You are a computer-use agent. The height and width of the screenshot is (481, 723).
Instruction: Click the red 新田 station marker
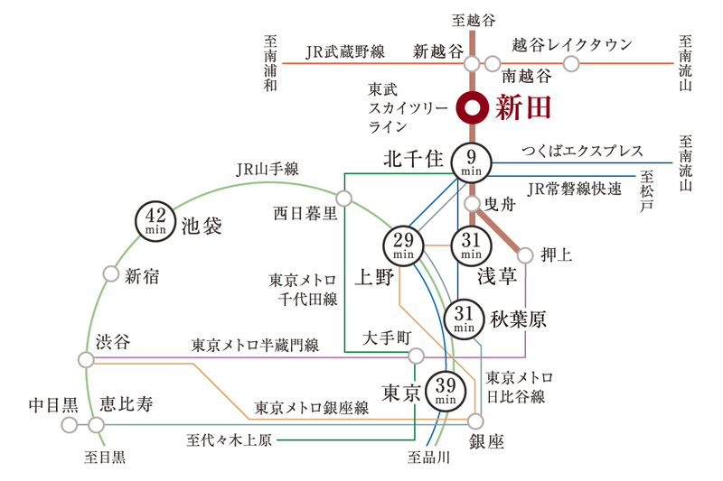472,108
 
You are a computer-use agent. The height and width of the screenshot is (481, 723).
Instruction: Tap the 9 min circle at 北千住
471,162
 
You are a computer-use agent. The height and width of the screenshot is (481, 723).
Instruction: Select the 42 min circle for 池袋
155,221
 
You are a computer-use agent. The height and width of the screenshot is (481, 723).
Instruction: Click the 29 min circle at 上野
403,245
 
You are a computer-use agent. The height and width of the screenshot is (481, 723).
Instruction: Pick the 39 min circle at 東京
446,392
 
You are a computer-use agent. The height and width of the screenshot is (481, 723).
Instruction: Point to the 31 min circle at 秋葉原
464,319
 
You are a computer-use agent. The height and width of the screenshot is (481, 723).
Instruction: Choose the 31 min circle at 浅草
471,245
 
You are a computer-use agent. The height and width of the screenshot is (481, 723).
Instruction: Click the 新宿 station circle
110,273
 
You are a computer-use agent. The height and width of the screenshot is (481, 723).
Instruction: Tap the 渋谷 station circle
86,359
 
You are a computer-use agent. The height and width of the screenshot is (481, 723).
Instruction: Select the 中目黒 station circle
70,424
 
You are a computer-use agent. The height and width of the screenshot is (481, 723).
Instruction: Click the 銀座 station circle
475,421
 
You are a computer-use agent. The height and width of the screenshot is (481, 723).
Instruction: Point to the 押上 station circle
525,255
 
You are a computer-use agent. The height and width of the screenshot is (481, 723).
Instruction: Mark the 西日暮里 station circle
344,199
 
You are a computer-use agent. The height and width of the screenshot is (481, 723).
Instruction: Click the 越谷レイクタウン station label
572,44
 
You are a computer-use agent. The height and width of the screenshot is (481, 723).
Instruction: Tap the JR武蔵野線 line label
345,51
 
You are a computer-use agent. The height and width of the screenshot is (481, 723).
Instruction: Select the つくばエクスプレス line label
582,151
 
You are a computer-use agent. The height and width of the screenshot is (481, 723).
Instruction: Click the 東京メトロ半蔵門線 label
255,346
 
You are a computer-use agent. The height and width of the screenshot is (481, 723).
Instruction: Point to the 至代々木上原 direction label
230,440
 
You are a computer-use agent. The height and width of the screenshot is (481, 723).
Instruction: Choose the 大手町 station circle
416,356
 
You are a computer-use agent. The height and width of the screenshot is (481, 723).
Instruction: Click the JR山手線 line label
268,170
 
